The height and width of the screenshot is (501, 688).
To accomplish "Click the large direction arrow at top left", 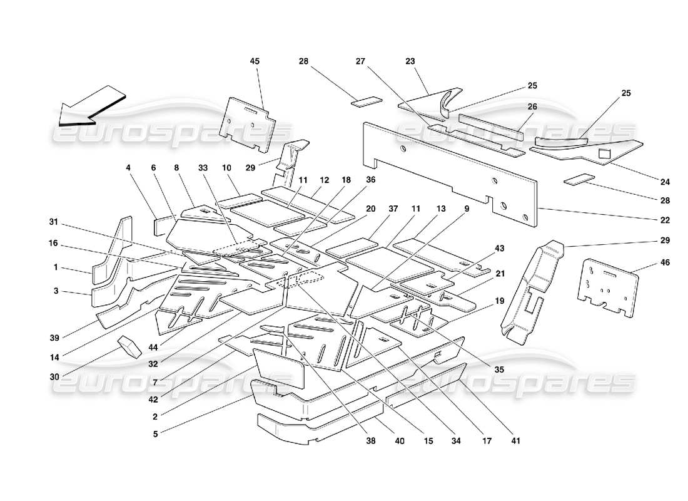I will coord(91,105).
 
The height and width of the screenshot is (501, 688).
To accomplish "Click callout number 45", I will coord(255,61).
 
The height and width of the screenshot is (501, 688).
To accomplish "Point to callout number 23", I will coord(410,61).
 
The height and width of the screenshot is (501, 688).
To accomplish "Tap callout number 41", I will coord(515,441).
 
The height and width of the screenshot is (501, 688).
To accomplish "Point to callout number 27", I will coord(360,61).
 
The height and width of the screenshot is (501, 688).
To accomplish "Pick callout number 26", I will coord(532,106).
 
